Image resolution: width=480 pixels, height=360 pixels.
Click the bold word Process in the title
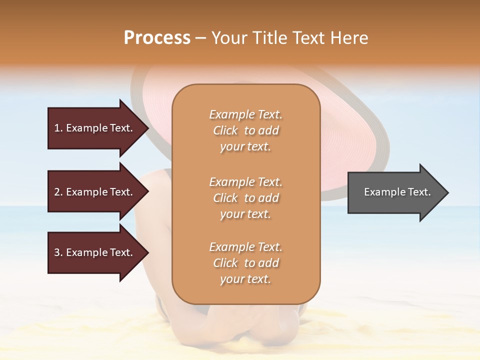(x=157, y=38)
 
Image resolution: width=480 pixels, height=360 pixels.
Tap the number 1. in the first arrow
(x=58, y=128)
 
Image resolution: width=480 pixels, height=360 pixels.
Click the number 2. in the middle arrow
(x=58, y=192)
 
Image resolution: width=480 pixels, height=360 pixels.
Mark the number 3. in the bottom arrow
(x=58, y=252)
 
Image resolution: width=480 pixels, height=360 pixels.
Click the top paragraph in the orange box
(x=245, y=130)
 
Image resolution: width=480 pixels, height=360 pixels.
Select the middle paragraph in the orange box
(x=245, y=198)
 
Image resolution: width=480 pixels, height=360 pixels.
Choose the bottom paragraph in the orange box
(x=245, y=263)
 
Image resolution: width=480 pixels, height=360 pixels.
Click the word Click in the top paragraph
(x=225, y=130)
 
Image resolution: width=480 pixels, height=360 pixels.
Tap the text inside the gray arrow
(x=397, y=192)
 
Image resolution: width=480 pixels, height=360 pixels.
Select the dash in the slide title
(x=201, y=38)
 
